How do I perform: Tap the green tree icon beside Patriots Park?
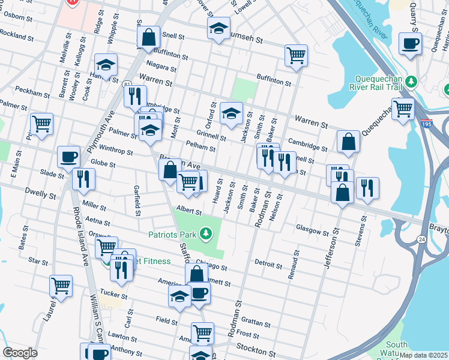[x=206, y=233]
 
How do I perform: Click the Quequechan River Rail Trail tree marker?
[x=411, y=81]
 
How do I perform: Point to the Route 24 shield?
[x=421, y=239]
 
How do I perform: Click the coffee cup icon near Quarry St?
[x=411, y=43]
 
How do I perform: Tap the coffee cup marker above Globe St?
[x=68, y=157]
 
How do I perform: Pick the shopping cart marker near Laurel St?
[x=61, y=286]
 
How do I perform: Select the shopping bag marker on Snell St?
[x=148, y=37]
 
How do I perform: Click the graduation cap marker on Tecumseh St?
[x=219, y=28]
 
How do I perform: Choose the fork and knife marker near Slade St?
[x=83, y=179]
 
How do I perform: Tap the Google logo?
[x=19, y=353]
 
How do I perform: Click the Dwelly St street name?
[x=40, y=195]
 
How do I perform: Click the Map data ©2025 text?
[x=423, y=355]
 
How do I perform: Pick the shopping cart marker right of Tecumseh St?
[x=297, y=56]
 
